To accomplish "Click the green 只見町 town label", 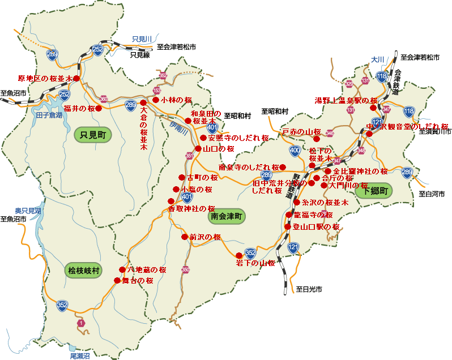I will point(93,134).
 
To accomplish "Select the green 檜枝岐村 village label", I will point(83,271).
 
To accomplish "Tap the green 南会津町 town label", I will point(227,216).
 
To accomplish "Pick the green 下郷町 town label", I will point(374,191).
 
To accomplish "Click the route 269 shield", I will point(52,54).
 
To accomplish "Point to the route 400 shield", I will point(295,151).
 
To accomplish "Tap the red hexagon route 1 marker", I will point(81,323).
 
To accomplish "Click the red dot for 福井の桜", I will point(99,108).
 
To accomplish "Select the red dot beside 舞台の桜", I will point(117,280).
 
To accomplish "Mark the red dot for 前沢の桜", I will point(185,237).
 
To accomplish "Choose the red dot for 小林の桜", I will point(156,100).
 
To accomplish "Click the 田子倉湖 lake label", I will point(49,115).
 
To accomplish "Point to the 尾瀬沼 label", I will point(80,356).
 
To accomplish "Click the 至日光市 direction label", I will point(309,289).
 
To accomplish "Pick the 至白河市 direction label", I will point(432,194).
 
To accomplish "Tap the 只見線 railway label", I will point(139,55).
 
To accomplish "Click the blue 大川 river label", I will point(378,59).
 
